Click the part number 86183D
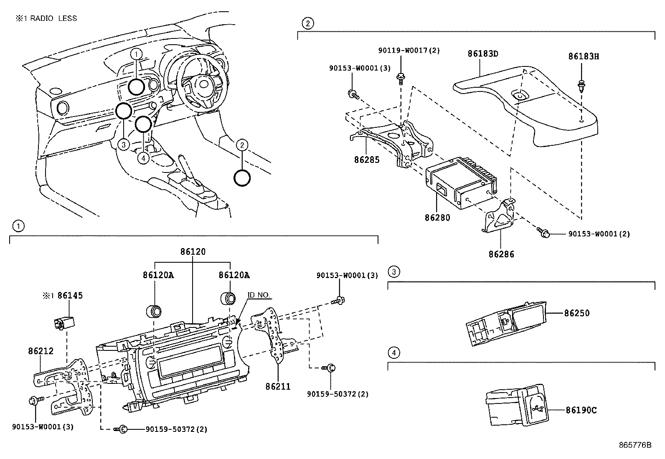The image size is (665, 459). [x=483, y=54]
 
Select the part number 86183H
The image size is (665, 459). [x=583, y=56]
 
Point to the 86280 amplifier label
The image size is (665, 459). [x=437, y=218]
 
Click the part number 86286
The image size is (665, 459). [x=501, y=254]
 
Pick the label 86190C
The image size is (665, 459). [x=581, y=410]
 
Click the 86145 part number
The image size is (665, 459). [x=70, y=296]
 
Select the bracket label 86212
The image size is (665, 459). [x=41, y=351]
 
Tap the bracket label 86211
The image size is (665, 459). [x=278, y=387]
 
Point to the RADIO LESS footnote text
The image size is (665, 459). [x=46, y=18]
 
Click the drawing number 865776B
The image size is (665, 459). [x=635, y=444]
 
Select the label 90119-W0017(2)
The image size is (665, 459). [x=409, y=51]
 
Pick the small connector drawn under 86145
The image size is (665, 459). [x=63, y=322]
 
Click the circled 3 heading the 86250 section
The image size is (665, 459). [x=393, y=272]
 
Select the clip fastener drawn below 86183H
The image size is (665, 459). [x=581, y=86]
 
